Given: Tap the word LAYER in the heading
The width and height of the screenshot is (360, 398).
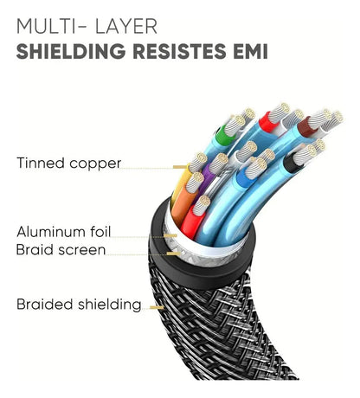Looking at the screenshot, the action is (x=126, y=26).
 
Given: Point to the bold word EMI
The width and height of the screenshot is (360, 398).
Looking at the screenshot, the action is (x=251, y=51).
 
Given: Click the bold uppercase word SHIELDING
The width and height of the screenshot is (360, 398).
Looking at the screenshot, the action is (x=71, y=51).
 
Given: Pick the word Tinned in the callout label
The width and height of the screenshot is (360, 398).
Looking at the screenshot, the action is (x=41, y=163).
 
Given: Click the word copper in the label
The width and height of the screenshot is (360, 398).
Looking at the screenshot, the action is (x=95, y=164).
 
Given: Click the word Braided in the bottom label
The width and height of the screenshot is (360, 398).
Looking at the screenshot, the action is (x=45, y=305).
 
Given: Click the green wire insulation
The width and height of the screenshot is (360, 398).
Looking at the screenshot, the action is (x=222, y=136).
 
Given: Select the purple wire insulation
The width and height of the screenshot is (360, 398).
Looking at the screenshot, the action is (x=208, y=180).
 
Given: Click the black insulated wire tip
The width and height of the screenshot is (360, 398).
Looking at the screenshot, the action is (x=291, y=164).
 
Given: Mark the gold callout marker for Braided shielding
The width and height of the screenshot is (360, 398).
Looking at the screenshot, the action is (x=157, y=308).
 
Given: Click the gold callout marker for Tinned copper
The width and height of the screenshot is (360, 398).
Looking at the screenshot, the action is (x=180, y=167).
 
